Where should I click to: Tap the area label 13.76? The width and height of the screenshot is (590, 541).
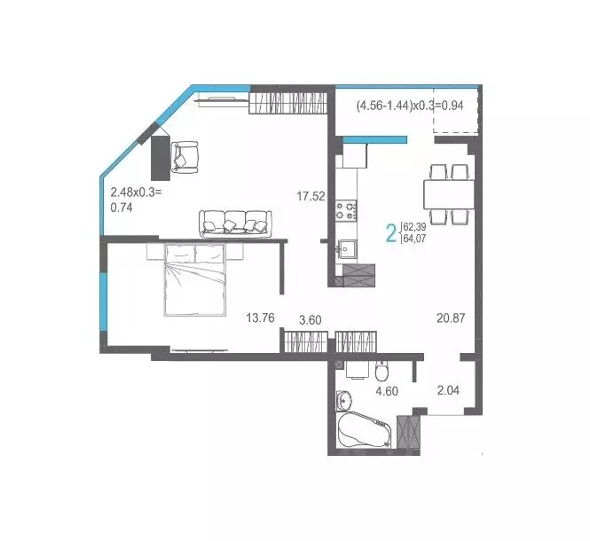point(261,318)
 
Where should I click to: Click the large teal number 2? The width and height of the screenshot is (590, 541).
point(389,234)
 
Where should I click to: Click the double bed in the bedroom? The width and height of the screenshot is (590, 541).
point(195,278)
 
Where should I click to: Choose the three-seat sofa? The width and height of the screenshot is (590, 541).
point(234,222)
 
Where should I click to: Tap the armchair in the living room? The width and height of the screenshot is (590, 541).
point(185,156)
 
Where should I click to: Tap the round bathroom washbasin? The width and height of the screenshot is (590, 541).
point(345,398)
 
